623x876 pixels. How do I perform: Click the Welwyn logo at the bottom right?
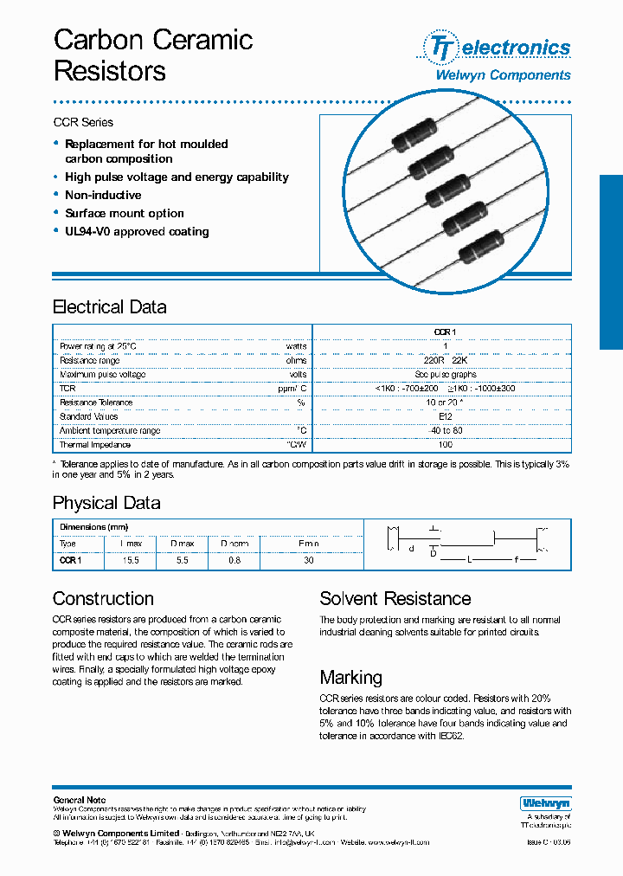(x=545, y=802)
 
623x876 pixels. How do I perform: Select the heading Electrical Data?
(x=109, y=307)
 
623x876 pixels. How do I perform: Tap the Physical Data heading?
(x=106, y=503)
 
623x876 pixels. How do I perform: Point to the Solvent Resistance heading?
(x=395, y=599)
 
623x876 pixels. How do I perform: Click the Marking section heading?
(x=350, y=678)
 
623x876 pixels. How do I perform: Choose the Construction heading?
(x=103, y=599)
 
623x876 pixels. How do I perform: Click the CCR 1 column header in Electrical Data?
(x=445, y=332)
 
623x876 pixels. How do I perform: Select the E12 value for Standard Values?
(x=445, y=416)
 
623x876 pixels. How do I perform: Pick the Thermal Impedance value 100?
(x=445, y=445)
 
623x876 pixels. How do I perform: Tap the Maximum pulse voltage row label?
(x=102, y=375)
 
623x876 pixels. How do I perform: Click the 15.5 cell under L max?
(x=131, y=560)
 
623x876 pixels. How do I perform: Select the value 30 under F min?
(x=308, y=560)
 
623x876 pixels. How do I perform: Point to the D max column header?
(x=182, y=544)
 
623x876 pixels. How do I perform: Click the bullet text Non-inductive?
(x=103, y=196)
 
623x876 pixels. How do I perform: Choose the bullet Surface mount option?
(x=124, y=214)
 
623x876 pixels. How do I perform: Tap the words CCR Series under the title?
(x=83, y=122)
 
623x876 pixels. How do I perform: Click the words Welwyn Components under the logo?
(x=502, y=75)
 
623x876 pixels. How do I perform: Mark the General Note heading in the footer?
(x=80, y=800)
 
